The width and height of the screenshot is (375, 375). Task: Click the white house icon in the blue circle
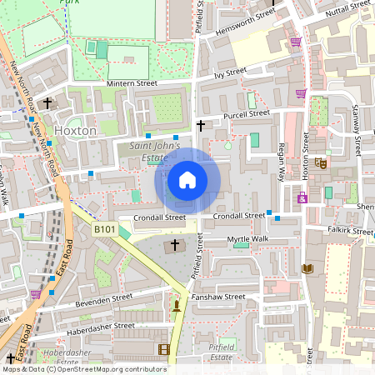tap(187, 180)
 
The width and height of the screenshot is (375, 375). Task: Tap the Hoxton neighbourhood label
tap(75, 131)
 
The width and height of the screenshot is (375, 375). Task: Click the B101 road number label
tap(104, 229)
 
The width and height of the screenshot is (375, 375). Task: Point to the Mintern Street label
tap(132, 83)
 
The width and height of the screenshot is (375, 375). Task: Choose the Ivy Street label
tap(231, 73)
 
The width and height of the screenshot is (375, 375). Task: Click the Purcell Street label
tap(246, 113)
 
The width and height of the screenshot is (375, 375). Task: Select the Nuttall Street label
tap(347, 7)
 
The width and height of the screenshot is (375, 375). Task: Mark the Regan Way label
tap(282, 161)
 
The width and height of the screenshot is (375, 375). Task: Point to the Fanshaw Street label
tap(217, 297)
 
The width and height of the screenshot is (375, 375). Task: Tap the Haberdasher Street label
tap(101, 326)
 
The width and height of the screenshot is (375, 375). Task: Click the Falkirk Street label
tap(350, 231)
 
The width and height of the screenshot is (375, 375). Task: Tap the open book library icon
tap(307, 268)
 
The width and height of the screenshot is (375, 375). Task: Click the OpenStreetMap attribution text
tap(83, 369)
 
